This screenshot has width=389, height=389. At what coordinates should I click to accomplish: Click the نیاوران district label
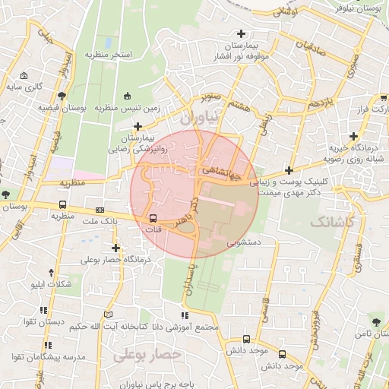tap(199, 118)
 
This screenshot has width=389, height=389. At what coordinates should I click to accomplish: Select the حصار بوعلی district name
tap(148, 354)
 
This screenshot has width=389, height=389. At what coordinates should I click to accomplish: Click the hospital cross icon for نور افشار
tap(242, 33)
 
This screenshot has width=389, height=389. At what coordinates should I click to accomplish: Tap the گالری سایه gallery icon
tap(24, 75)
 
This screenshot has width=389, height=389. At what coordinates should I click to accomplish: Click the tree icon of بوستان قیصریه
tap(62, 96)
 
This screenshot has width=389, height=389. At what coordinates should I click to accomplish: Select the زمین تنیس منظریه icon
tap(127, 96)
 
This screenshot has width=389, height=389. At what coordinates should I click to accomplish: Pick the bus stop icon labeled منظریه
tap(62, 204)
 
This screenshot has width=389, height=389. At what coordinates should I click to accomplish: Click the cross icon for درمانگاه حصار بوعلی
tap(115, 247)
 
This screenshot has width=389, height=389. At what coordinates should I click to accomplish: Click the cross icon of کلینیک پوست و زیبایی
tap(288, 170)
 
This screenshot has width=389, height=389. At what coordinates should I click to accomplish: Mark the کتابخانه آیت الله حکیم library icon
tap(108, 315)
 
